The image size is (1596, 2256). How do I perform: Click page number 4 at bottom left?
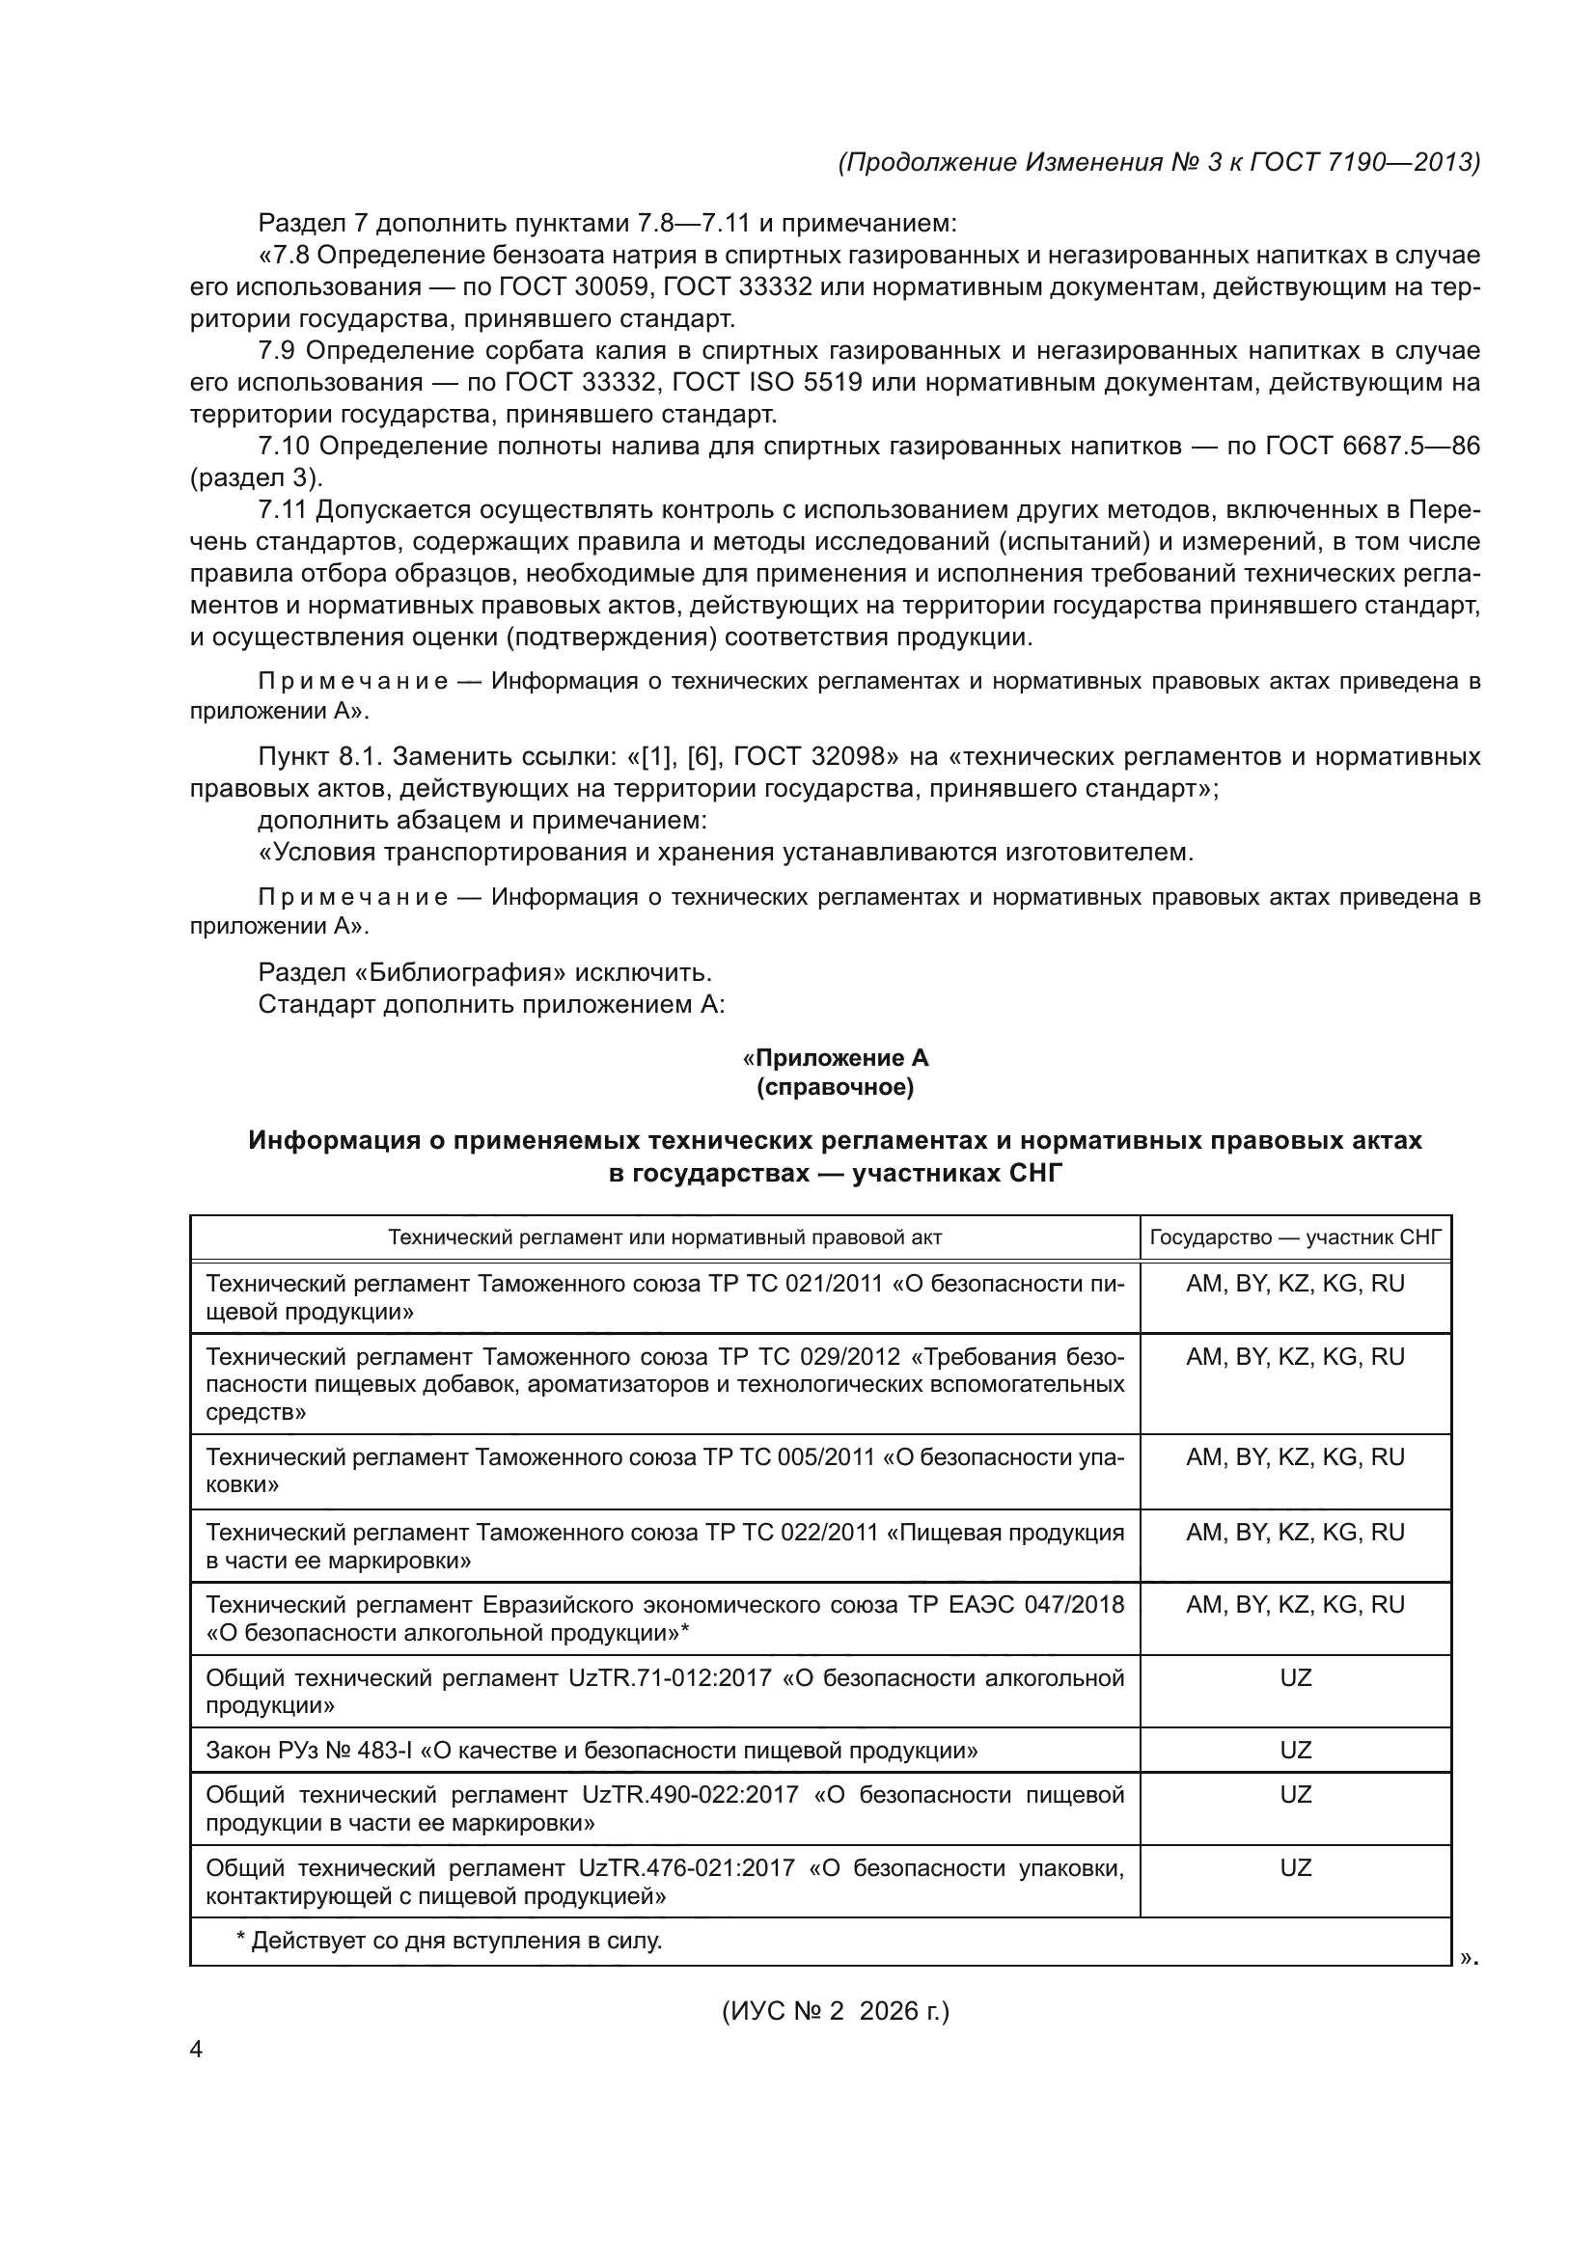196,2050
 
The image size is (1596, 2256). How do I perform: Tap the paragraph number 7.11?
282,510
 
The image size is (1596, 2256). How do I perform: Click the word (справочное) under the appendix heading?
836,1088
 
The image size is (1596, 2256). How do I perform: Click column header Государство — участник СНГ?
1295,1237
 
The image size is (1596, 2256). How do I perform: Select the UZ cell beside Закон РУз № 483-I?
1295,1750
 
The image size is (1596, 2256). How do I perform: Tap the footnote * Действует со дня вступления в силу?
449,1941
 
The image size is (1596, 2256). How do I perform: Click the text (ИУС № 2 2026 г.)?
836,2011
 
